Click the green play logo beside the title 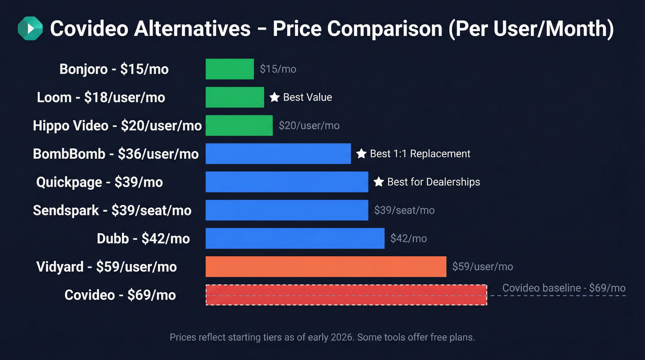coord(30,29)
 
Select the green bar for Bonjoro coord(229,69)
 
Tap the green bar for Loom coord(235,97)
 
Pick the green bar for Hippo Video coord(239,125)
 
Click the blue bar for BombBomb coord(278,153)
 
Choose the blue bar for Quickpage coord(287,182)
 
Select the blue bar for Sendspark coord(287,210)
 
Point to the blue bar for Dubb coord(295,238)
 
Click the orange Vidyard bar coord(326,266)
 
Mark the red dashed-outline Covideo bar coord(346,295)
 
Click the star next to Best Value coord(275,97)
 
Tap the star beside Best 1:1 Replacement coord(361,153)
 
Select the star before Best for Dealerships coord(379,182)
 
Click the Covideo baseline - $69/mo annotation coord(563,288)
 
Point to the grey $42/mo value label coord(408,238)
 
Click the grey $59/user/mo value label coord(482,266)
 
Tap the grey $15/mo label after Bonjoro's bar coord(278,69)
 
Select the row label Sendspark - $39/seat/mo coord(112,210)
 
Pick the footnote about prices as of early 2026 coord(322,337)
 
